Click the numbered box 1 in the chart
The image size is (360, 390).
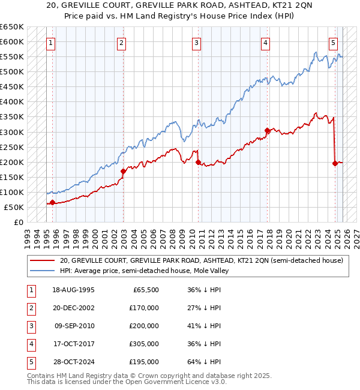coord(51,43)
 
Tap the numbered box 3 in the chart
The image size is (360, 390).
coord(196,43)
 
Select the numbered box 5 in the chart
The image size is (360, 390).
coord(333,43)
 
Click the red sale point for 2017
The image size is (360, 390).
coord(267,130)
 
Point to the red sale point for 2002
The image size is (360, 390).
coord(123,171)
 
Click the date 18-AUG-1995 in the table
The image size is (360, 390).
coord(74,290)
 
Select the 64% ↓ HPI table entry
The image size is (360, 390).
coord(204,362)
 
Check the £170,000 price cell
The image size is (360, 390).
coord(145,308)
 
